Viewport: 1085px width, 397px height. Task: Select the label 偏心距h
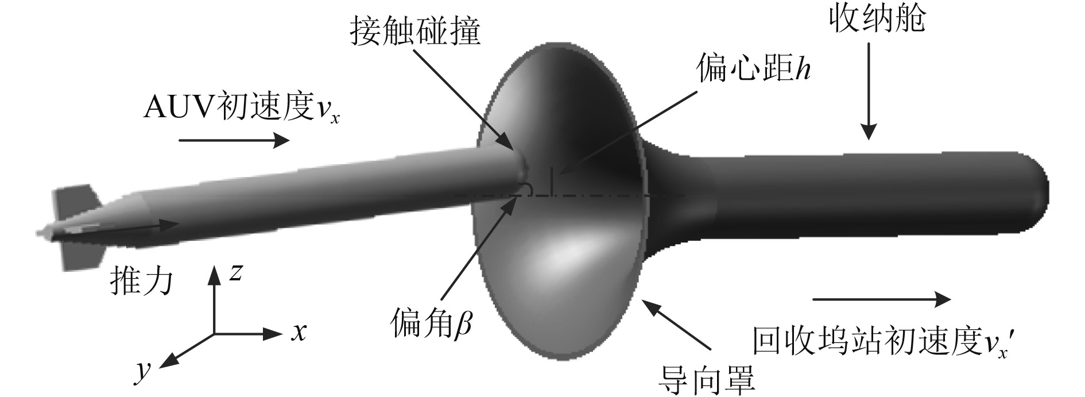pyautogui.click(x=753, y=69)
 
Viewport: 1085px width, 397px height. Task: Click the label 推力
pyautogui.click(x=141, y=282)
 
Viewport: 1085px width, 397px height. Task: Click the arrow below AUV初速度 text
pyautogui.click(x=234, y=140)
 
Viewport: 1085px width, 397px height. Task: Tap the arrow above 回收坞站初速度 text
pyautogui.click(x=882, y=299)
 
